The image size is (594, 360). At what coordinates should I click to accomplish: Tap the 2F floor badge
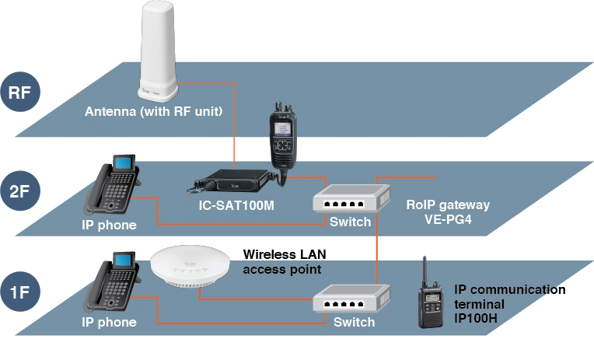click(x=19, y=190)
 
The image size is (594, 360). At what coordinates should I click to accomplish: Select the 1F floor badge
click(x=19, y=292)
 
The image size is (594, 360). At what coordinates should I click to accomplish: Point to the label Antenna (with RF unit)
click(x=154, y=112)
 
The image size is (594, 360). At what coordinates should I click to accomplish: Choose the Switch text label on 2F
click(x=351, y=223)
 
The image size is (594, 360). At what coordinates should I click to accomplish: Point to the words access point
click(x=281, y=270)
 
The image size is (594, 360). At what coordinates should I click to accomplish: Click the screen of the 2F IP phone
click(x=124, y=163)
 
